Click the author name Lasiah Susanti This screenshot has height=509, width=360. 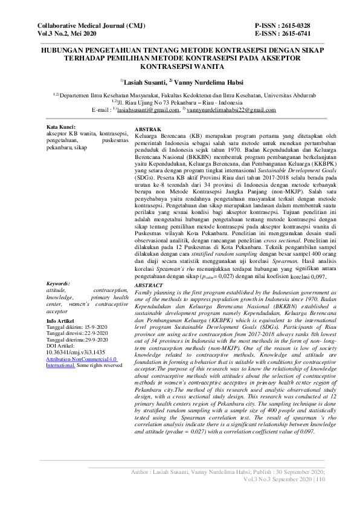[x=144, y=82]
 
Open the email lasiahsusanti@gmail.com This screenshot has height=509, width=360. [x=145, y=111]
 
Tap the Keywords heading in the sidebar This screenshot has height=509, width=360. [x=58, y=283]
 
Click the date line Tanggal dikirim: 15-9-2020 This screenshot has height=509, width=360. [x=77, y=327]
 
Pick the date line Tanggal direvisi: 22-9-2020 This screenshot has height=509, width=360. [x=77, y=333]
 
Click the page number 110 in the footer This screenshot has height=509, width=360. [x=320, y=479]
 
